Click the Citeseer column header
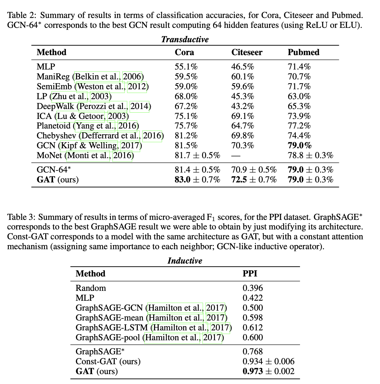(x=247, y=52)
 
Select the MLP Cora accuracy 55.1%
(x=186, y=67)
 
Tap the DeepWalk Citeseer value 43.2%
(x=242, y=106)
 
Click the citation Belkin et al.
(x=97, y=77)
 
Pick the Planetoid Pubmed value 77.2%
(x=299, y=126)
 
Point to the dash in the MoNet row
(x=236, y=155)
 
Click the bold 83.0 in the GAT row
(x=183, y=180)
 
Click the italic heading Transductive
(x=185, y=40)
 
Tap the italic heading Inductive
(x=185, y=261)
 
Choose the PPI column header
(x=250, y=274)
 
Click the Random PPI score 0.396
(x=253, y=288)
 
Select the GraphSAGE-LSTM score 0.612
(x=253, y=328)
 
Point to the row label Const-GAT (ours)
(x=108, y=362)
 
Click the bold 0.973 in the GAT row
(x=253, y=371)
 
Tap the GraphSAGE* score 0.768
(x=253, y=352)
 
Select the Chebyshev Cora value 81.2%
(x=186, y=136)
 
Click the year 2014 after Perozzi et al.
(x=139, y=106)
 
